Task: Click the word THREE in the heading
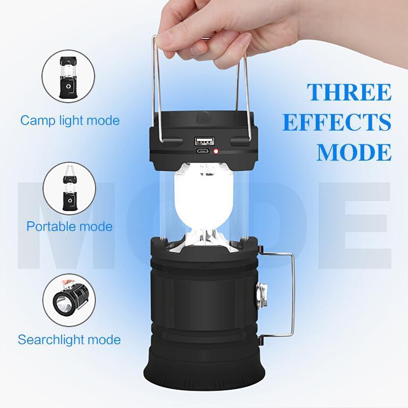349,92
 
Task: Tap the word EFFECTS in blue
337,122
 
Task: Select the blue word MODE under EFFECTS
353,152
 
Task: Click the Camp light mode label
70,121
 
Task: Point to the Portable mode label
69,226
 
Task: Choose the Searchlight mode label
69,339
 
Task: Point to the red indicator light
216,151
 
